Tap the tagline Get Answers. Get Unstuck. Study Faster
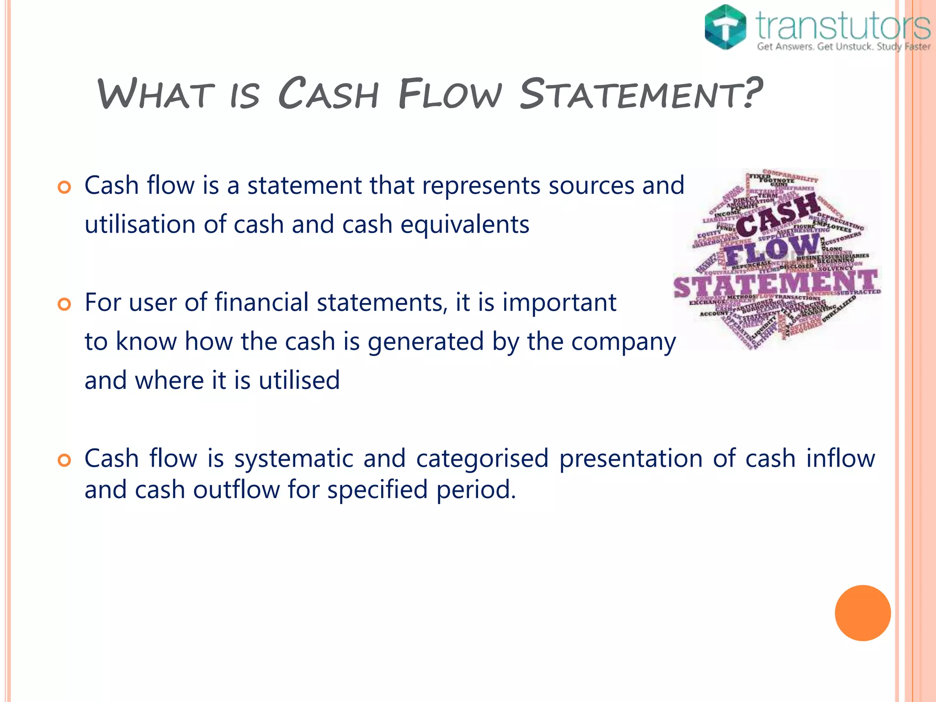[x=843, y=47]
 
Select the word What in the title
[x=155, y=94]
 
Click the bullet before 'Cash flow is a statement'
[x=64, y=187]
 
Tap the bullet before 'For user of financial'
[x=64, y=304]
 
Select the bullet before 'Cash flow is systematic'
[x=64, y=460]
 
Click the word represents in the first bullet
[x=481, y=186]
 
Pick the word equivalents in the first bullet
[x=465, y=224]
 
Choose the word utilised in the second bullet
[x=299, y=380]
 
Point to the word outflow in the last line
[x=236, y=489]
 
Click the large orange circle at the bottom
[x=862, y=613]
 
